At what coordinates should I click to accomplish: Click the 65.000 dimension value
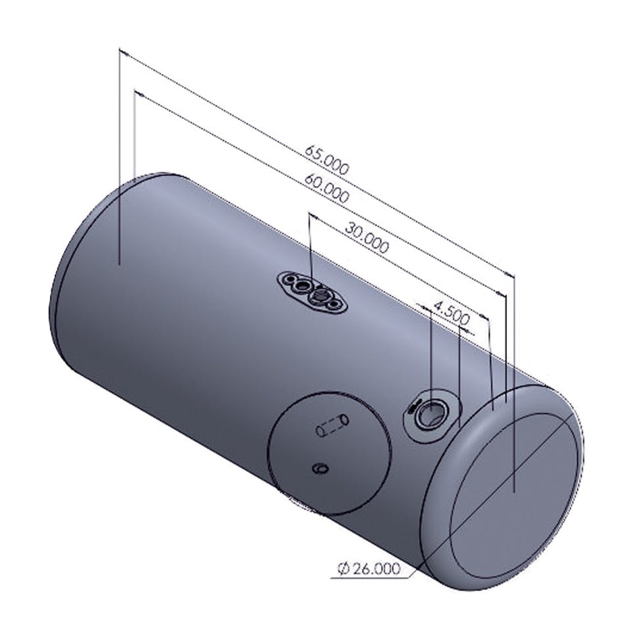(x=327, y=159)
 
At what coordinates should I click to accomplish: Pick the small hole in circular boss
(x=321, y=468)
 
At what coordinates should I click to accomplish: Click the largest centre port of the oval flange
(x=320, y=298)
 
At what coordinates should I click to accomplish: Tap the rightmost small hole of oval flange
(x=337, y=306)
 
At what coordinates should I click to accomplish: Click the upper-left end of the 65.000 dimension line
(x=120, y=50)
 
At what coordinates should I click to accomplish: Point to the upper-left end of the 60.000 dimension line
(x=135, y=91)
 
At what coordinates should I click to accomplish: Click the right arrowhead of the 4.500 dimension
(x=488, y=317)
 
